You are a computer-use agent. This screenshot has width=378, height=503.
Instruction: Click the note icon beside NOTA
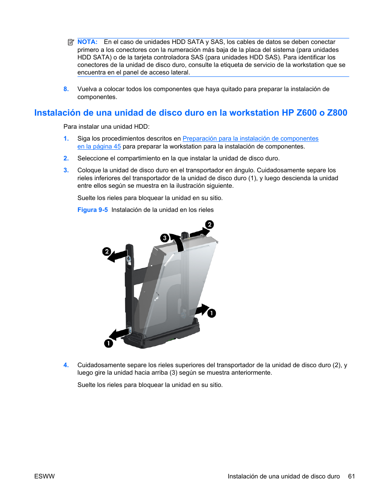coord(71,42)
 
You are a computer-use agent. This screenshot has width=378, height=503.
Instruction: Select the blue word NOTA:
coord(88,42)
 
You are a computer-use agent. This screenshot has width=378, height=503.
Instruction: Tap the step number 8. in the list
coord(66,89)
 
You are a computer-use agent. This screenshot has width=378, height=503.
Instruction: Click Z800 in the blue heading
coord(337,113)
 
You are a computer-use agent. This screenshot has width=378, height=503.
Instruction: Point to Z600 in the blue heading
coord(306,113)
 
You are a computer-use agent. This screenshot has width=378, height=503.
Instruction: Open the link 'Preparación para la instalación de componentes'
coord(250,139)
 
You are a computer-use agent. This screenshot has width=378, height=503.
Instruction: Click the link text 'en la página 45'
coord(99,147)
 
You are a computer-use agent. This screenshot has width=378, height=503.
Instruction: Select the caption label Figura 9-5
coord(92,210)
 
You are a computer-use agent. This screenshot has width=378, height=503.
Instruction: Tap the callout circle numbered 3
coord(164,238)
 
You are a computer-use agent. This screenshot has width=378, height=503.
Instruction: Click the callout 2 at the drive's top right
coord(210,225)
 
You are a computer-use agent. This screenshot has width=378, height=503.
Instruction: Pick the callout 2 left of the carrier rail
coord(106,251)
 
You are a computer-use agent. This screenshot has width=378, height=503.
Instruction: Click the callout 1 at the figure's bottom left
coord(109,343)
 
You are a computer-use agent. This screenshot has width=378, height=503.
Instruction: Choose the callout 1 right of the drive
coord(212,313)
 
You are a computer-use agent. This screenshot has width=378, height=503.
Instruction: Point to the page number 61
coord(351,476)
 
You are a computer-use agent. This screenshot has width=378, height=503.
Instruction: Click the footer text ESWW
coord(44,476)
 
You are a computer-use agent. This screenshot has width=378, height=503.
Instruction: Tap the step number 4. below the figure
coord(66,365)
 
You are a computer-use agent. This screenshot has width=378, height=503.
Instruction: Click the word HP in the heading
coord(288,113)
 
